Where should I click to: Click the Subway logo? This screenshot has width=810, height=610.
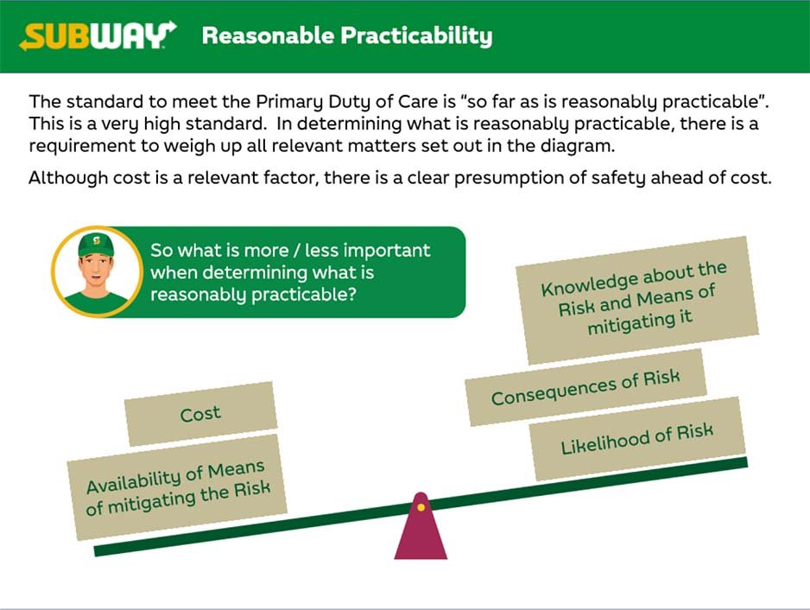tap(98, 35)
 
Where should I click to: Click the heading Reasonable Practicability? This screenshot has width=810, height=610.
tap(347, 35)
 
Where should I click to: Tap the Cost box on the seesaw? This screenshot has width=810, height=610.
tap(201, 414)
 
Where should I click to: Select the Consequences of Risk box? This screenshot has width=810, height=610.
tap(585, 388)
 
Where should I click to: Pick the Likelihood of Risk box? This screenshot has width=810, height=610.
tap(637, 439)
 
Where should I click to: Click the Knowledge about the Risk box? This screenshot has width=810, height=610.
tap(637, 300)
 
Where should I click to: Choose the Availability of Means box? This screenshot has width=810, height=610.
tap(177, 487)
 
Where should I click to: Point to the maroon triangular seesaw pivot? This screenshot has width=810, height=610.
tap(421, 526)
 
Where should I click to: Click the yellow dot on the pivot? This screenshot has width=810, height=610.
tap(421, 508)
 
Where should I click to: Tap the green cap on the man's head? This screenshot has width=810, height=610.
tap(96, 245)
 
